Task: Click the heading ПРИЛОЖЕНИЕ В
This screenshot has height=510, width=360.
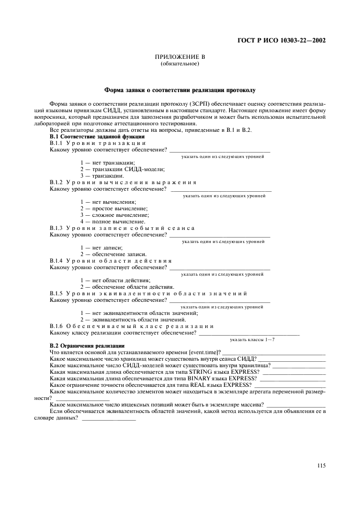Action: pos(179,57)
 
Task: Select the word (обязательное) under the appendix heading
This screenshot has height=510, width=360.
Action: pos(179,64)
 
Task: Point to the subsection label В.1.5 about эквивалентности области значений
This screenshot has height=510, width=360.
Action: pos(148,293)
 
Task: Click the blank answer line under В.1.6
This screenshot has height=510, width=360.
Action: pos(249,332)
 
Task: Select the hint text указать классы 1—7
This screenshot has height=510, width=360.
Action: pos(252,339)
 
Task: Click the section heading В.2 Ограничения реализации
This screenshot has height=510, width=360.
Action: pos(87,346)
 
